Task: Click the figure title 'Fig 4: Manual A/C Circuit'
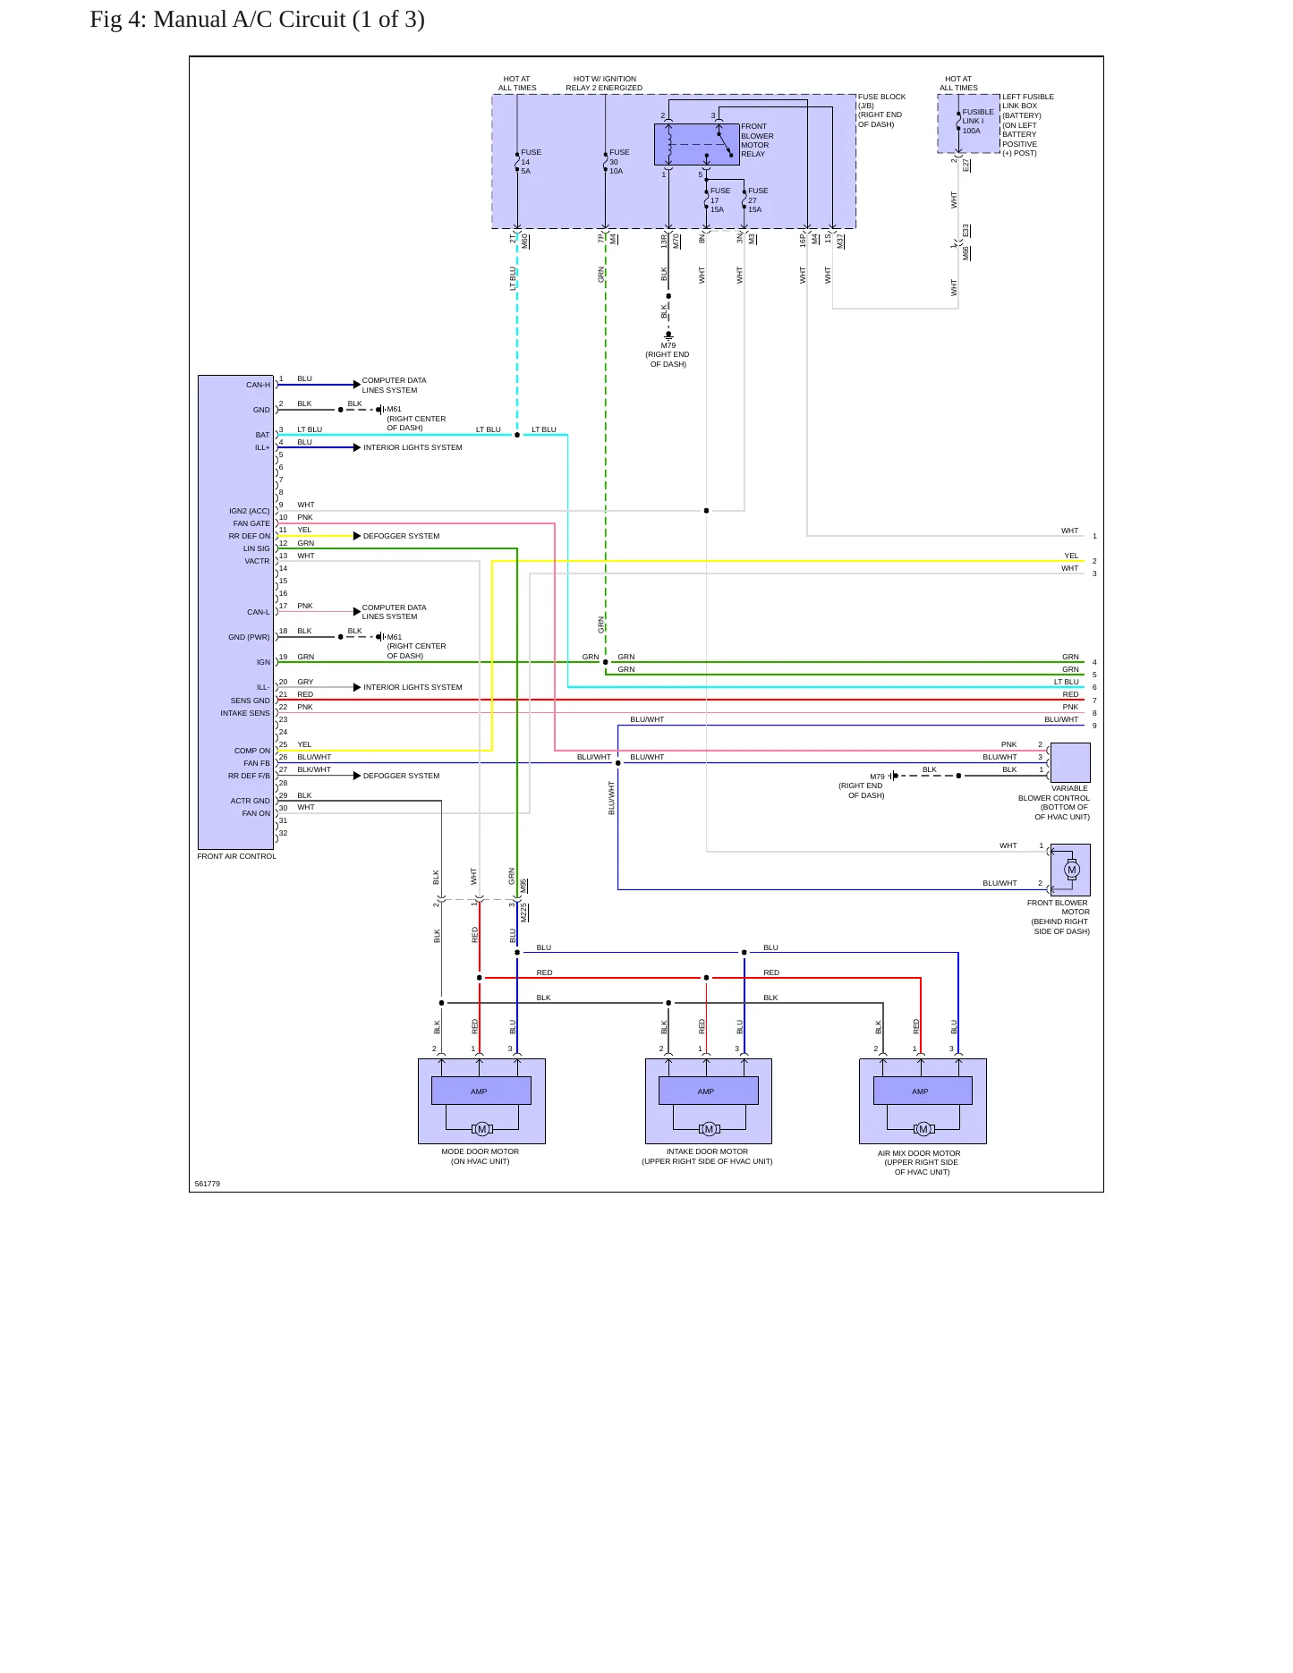pos(217,20)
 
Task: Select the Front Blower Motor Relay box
pos(697,144)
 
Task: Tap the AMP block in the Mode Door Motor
pos(481,1091)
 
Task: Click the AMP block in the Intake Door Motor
pos(708,1091)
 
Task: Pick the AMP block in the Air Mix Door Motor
pos(923,1091)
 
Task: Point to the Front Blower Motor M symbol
pos(1072,870)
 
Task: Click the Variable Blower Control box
pos(1070,763)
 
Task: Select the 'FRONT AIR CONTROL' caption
pos(236,856)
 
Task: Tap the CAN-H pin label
pos(258,385)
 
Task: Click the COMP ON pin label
pos(251,751)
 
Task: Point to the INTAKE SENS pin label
pos(244,713)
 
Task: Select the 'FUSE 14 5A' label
pos(531,162)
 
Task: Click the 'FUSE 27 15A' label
pos(758,200)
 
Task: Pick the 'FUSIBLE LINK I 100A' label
pos(977,121)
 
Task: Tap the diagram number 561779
pos(208,1184)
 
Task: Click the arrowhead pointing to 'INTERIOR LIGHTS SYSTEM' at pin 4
pos(357,447)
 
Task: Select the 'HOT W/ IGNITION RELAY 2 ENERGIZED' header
pos(604,83)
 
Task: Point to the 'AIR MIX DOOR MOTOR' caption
pos(919,1153)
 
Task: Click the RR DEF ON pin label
pos(249,536)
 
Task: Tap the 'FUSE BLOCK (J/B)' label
pos(881,101)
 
